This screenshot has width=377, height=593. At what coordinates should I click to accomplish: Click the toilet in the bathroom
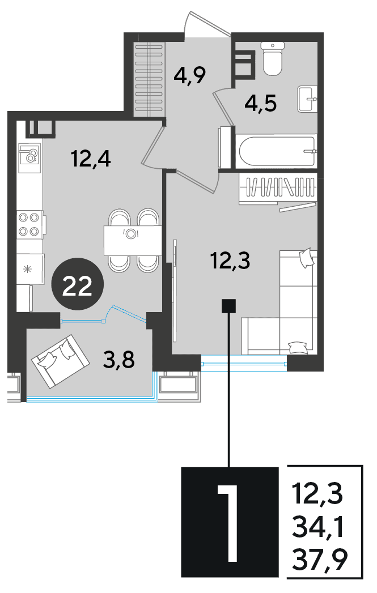pos(273,58)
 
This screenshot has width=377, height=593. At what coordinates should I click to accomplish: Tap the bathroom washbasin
pos(307,99)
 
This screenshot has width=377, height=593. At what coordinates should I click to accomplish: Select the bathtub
pos(276,151)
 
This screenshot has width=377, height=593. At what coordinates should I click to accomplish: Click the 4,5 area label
pos(261,103)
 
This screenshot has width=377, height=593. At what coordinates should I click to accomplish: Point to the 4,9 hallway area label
pos(190,75)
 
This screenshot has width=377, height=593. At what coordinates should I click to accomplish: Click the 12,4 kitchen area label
pos(91,158)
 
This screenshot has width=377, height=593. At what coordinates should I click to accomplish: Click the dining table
pos(133,240)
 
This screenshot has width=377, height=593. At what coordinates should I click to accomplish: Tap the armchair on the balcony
pos(61,361)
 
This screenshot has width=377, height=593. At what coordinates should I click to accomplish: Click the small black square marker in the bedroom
pos(228,306)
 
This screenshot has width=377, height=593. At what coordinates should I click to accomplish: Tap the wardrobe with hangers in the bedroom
pos(277,189)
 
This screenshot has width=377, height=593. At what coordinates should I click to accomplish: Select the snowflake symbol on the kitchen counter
pos(27,270)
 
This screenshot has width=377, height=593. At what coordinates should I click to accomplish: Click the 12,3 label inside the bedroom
pos(231,261)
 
